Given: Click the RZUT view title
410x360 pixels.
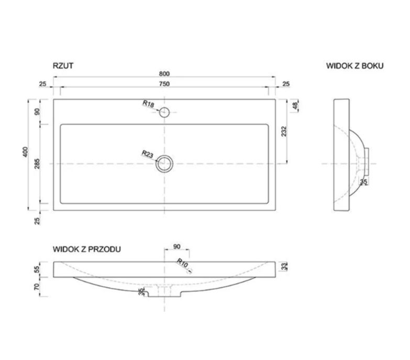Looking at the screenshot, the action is pos(63,66).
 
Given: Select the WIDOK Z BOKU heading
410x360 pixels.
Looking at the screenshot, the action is pos(355,66).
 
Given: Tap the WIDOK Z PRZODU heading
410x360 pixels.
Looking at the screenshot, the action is pos(87,249).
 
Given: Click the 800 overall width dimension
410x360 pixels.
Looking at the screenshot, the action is pos(164,74).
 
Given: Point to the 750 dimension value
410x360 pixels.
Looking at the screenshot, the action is pos(164,84).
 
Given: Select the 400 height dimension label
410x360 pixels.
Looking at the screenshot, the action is pos(25,152).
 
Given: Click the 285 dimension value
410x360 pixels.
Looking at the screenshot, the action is pos(37,163).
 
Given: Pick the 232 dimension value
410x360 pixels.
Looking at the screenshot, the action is pos(284,132).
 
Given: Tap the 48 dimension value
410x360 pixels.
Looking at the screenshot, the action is pos(295,106).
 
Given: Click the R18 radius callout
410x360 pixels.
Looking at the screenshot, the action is pos(148,104).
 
